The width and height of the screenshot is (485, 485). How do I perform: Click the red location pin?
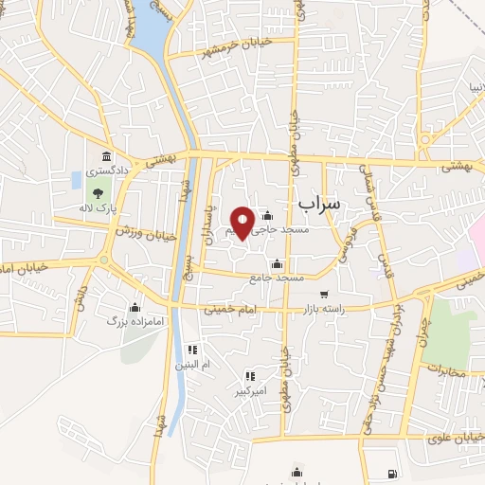click(242, 222)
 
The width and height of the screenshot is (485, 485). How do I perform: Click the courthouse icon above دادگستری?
click(104, 156)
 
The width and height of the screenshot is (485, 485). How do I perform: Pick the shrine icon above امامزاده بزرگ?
click(135, 307)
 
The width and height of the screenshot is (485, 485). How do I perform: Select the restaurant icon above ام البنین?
click(192, 349)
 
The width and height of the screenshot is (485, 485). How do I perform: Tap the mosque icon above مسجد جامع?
click(276, 263)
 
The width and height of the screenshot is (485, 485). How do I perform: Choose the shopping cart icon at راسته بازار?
click(325, 294)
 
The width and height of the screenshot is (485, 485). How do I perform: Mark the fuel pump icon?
click(392, 473)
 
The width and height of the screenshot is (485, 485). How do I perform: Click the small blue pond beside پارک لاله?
click(76, 180)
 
